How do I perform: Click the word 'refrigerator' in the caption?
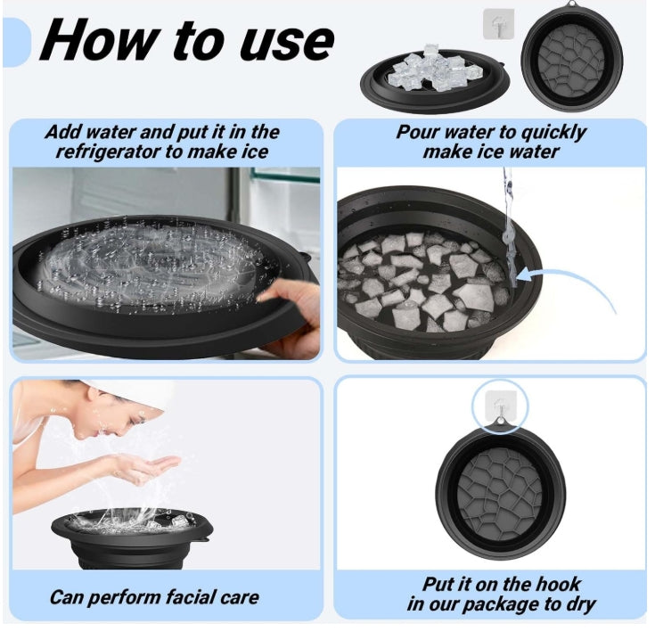107,152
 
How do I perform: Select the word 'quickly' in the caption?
554,134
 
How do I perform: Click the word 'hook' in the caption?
560,584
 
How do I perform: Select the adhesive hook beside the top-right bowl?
499,25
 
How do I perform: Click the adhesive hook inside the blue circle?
500,406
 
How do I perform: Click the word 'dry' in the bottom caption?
581,605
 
